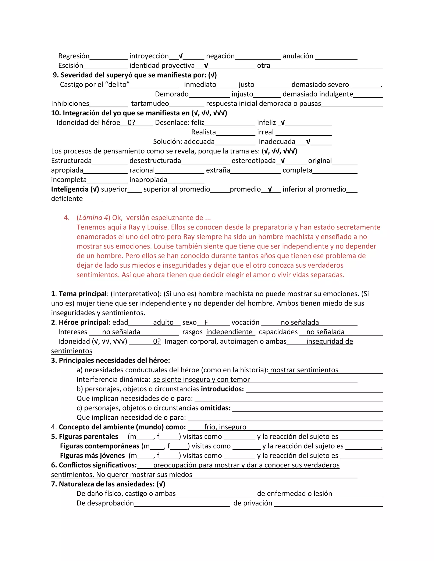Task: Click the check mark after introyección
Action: click(x=181, y=56)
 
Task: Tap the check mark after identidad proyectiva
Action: click(x=206, y=65)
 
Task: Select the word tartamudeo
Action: click(x=150, y=104)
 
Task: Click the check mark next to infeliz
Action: click(x=282, y=123)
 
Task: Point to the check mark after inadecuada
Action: click(x=308, y=142)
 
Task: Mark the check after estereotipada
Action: click(x=282, y=160)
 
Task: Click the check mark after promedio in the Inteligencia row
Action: click(x=270, y=189)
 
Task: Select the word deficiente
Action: click(x=67, y=199)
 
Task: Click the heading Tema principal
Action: click(x=82, y=294)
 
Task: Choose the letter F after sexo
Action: click(x=206, y=322)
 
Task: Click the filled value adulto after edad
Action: click(x=163, y=322)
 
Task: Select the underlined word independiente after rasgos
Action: click(x=229, y=332)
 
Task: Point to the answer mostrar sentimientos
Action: click(x=304, y=370)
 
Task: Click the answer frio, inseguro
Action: click(x=225, y=427)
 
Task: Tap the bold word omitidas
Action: click(x=215, y=408)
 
